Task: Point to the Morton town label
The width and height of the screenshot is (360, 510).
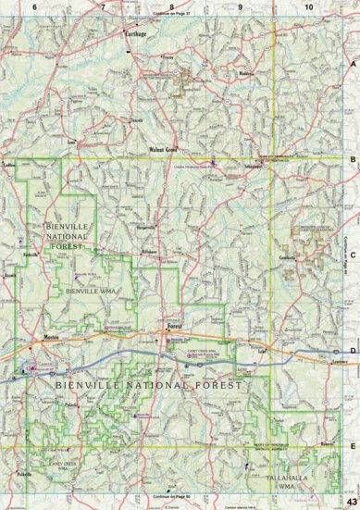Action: click(x=52, y=337)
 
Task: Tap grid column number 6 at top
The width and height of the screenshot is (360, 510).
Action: click(x=34, y=6)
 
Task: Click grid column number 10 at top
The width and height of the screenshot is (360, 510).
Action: click(x=308, y=6)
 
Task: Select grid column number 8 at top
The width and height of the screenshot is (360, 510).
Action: click(x=171, y=6)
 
